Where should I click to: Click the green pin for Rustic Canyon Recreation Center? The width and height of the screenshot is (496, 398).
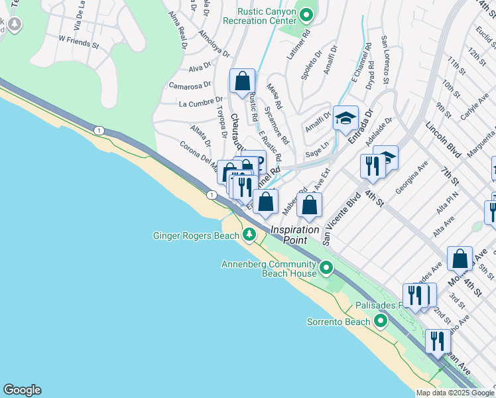[306, 14]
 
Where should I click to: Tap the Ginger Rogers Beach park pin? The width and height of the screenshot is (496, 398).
[249, 234]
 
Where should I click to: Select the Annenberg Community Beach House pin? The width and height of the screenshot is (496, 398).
[326, 268]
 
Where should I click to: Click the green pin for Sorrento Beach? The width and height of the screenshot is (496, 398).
[380, 322]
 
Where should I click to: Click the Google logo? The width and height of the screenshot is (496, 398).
[22, 390]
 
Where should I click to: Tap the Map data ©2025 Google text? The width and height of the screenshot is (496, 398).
[454, 393]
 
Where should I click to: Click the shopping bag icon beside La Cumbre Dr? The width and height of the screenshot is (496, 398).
[243, 82]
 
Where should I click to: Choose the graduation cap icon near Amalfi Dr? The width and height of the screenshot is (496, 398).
[345, 118]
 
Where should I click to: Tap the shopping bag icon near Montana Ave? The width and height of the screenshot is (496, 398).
[460, 259]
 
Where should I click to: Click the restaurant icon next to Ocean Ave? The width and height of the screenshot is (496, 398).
[438, 342]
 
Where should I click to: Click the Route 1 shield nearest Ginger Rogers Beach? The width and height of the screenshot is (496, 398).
[211, 194]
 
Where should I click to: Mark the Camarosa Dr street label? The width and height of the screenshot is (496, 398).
[189, 86]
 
